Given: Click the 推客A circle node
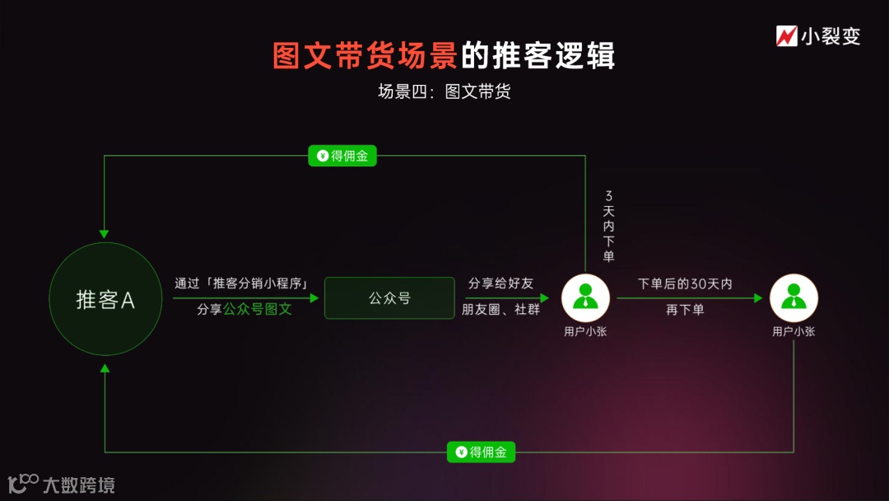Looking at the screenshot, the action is tap(105, 299).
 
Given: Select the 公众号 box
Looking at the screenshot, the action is tap(389, 298).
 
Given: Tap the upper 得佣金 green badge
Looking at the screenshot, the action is tap(342, 156).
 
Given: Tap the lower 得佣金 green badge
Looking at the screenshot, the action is tap(481, 452).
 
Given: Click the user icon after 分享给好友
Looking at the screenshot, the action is tap(585, 297).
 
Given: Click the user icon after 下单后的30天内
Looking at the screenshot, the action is tap(794, 297).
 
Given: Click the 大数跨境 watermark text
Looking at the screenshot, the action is tap(78, 485).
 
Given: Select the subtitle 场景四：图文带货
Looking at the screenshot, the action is tap(444, 91).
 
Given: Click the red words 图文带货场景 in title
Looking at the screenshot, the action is tap(365, 56).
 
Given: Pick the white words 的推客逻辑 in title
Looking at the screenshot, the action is tap(538, 56).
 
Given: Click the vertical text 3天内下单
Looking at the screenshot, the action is tap(608, 226).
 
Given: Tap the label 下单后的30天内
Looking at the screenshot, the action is tap(685, 283).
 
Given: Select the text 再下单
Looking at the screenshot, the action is tap(685, 311).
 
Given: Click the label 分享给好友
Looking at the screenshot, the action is tap(500, 283).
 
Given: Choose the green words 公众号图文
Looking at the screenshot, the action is tap(258, 311).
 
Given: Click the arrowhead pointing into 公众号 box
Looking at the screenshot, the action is tap(314, 298).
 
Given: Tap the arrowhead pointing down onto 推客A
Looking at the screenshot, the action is tap(105, 233).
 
